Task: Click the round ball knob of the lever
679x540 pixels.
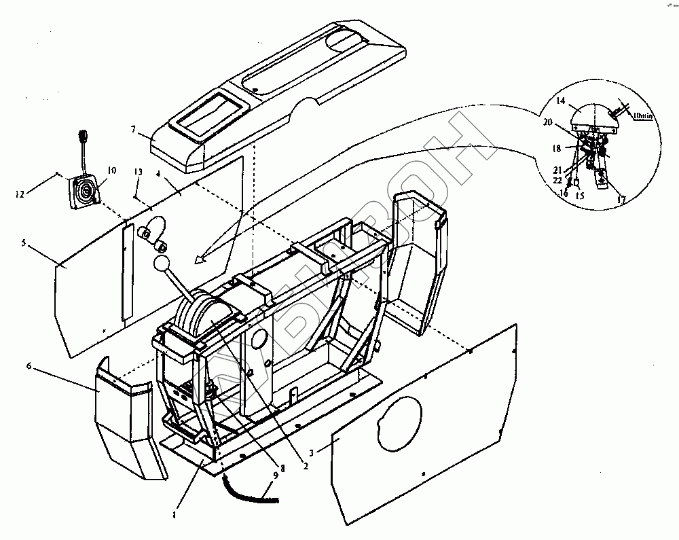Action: (x=163, y=264)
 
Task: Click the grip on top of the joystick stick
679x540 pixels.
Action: (x=82, y=136)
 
